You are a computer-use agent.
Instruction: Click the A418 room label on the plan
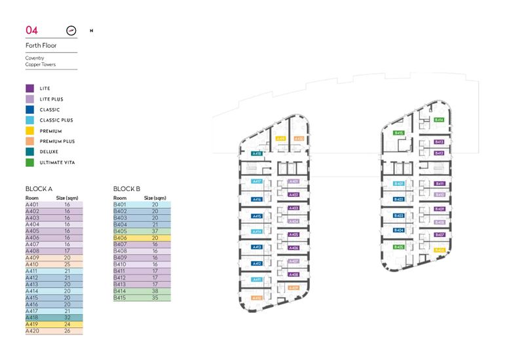[x=257, y=154]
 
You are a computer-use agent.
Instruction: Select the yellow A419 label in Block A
[x=280, y=139]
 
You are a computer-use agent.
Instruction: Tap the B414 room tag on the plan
[x=440, y=120]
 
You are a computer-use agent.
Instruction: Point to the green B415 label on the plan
[x=398, y=133]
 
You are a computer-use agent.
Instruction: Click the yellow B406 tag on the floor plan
[x=440, y=249]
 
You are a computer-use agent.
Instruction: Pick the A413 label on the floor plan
[x=257, y=247]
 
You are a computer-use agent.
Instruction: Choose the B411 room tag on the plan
[x=440, y=184]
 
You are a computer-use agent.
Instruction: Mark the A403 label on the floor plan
[x=293, y=208]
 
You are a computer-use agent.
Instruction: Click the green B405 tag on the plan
[x=398, y=247]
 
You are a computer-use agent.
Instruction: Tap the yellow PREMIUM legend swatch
[x=29, y=131]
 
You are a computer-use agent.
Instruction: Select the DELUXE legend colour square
[x=29, y=152]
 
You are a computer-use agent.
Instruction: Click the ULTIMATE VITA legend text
[x=58, y=162]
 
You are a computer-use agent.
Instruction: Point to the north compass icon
[x=72, y=30]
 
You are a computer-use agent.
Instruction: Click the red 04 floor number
[x=31, y=30]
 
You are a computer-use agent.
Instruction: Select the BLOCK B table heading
[x=127, y=189]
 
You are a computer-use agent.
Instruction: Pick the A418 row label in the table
[x=32, y=317]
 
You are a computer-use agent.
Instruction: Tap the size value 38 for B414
[x=155, y=291]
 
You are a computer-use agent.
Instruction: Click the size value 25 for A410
[x=67, y=264]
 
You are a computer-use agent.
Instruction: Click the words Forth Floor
[x=41, y=46]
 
